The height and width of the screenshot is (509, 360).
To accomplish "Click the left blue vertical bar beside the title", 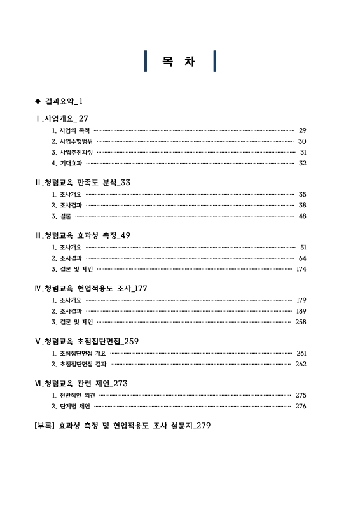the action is tap(147, 61).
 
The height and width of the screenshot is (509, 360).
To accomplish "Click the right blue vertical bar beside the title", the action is tap(215, 61).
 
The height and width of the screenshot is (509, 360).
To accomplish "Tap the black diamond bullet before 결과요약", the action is tap(38, 101).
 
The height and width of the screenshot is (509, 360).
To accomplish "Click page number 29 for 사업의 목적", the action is tap(302, 130).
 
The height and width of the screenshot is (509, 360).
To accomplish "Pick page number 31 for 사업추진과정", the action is tap(303, 153).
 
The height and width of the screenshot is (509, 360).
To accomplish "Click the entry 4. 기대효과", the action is tap(67, 164).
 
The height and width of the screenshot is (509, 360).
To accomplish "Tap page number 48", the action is tap(302, 216).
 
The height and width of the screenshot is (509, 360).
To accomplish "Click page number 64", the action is tap(302, 258).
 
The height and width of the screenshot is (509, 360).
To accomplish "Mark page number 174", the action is tap(301, 269).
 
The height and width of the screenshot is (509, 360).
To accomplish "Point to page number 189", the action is tap(301, 311).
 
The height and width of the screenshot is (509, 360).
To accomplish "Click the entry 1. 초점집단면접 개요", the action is tap(78, 353).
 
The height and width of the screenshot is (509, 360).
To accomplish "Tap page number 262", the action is tap(301, 364).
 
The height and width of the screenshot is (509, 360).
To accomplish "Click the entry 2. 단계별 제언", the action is tap(70, 406).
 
